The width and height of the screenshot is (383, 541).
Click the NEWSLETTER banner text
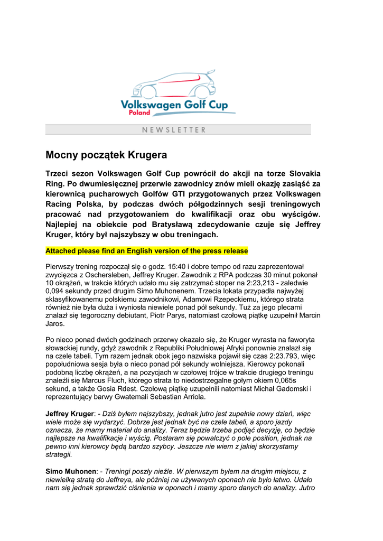pyautogui.click(x=174, y=129)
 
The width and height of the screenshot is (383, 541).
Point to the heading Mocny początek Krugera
pyautogui.click(x=106, y=155)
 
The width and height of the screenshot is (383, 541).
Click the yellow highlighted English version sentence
pyautogui.click(x=147, y=250)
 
